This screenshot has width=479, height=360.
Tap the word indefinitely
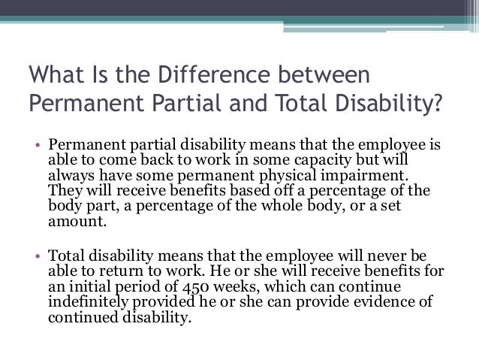pyautogui.click(x=91, y=302)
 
